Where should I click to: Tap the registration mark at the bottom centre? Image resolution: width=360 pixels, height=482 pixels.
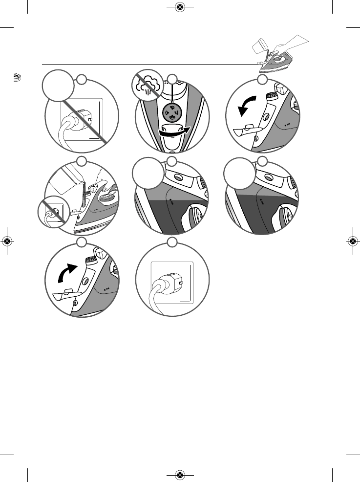click(x=180, y=475)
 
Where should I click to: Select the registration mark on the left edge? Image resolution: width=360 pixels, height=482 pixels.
click(x=7, y=241)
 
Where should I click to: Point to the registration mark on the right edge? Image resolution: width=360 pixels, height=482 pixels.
click(x=353, y=241)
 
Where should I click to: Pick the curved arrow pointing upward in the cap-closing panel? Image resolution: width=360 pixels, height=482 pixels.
click(x=67, y=268)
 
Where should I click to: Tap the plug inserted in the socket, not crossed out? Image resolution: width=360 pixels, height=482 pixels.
click(x=168, y=284)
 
